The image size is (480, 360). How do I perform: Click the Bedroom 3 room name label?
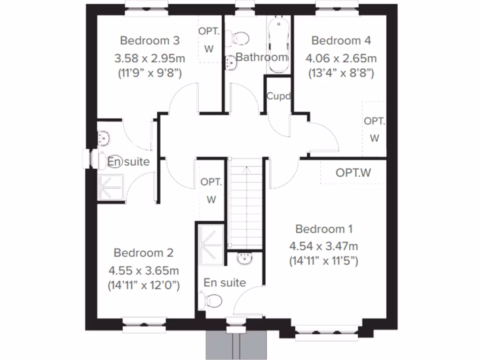(150, 40)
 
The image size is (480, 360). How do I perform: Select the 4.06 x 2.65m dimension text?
(341, 59)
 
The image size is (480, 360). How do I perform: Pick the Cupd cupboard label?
(278, 96)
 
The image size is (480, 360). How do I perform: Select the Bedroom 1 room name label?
(324, 229)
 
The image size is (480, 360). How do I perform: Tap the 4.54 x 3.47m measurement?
(324, 246)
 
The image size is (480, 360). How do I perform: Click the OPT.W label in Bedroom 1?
(353, 172)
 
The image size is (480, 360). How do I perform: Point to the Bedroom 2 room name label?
(143, 253)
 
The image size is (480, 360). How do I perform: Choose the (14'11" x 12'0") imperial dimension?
(143, 285)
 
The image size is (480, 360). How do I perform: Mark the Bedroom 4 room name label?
(341, 41)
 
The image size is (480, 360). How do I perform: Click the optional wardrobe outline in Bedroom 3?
(209, 40)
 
